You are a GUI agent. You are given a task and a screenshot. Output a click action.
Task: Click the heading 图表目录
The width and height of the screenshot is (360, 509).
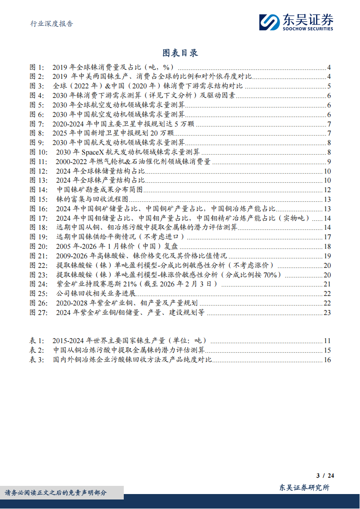click(x=180, y=53)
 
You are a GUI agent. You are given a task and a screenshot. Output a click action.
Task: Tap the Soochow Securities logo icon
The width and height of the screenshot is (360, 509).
click(x=269, y=22)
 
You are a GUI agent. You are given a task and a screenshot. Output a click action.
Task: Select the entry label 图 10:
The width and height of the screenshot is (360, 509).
click(x=38, y=152)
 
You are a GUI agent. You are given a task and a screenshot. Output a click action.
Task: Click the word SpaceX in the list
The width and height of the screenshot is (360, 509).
click(x=94, y=152)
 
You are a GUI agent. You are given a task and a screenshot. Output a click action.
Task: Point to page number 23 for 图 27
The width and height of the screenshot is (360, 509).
click(x=327, y=312)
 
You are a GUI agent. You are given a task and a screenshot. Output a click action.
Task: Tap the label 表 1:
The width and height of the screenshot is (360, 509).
click(x=37, y=341)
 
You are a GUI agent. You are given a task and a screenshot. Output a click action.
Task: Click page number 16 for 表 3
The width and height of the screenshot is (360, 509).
click(x=327, y=360)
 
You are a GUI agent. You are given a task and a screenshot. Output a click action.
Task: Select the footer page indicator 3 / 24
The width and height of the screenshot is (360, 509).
click(x=325, y=475)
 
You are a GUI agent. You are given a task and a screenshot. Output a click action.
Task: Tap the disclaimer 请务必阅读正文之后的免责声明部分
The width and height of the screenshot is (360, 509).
click(x=56, y=493)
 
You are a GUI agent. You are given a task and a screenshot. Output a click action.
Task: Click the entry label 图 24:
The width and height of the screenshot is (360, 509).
click(x=38, y=284)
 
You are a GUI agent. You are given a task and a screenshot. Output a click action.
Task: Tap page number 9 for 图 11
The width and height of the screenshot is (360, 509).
click(x=329, y=162)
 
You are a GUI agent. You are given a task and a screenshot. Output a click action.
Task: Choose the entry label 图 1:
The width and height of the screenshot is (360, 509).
click(x=37, y=67)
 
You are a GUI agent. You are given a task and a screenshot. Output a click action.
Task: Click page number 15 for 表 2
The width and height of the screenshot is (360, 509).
click(x=327, y=350)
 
